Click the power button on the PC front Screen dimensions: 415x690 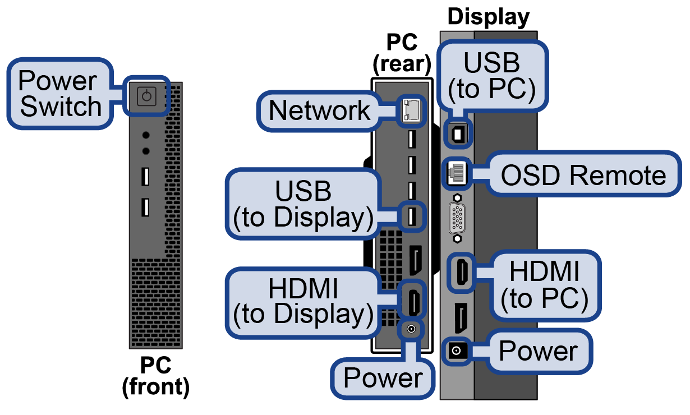tap(146, 96)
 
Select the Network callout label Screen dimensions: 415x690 tap(319, 110)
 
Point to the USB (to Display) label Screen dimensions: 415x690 tap(303, 205)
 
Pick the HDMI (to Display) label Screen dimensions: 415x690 tap(303, 302)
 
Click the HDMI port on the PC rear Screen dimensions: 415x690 tap(413, 302)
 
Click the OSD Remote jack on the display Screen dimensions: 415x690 tap(457, 174)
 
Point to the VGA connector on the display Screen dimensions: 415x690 tap(458, 219)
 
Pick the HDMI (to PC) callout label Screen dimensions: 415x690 tap(544, 285)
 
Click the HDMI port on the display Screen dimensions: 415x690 tap(461, 273)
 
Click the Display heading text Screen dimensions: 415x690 tap(488, 17)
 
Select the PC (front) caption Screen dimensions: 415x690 tap(155, 376)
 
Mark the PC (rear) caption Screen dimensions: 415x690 tap(402, 53)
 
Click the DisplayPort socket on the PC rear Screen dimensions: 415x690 tap(416, 261)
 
